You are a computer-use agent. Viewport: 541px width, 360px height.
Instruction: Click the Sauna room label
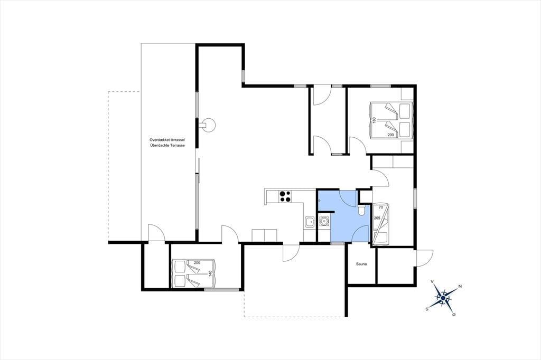point(361,264)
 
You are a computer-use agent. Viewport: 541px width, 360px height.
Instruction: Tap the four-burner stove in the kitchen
point(285,196)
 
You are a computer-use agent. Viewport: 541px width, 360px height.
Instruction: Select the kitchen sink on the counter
point(310,222)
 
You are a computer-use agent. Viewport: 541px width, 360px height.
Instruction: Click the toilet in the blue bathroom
point(361,210)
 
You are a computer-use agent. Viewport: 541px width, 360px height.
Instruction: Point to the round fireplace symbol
point(208,125)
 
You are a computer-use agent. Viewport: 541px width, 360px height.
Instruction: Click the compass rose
point(443,298)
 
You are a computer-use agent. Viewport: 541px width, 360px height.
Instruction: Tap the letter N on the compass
point(460,286)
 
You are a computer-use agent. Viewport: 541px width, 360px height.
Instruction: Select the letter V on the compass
point(432,281)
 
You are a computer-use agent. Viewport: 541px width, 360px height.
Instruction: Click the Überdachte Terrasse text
point(167,146)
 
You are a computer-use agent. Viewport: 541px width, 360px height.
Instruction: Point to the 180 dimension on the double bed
point(374,120)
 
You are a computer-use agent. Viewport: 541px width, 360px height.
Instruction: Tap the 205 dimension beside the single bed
point(377,218)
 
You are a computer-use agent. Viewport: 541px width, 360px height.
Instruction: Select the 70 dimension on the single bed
point(381,207)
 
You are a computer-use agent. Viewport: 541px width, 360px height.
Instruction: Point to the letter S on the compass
point(427,309)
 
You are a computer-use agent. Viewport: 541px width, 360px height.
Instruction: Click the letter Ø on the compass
point(454,315)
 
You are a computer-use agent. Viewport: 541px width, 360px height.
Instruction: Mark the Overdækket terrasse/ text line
point(167,140)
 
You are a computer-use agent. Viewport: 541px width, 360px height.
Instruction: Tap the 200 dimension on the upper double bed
point(391,135)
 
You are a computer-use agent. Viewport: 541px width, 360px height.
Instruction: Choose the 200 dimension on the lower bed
point(197,263)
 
